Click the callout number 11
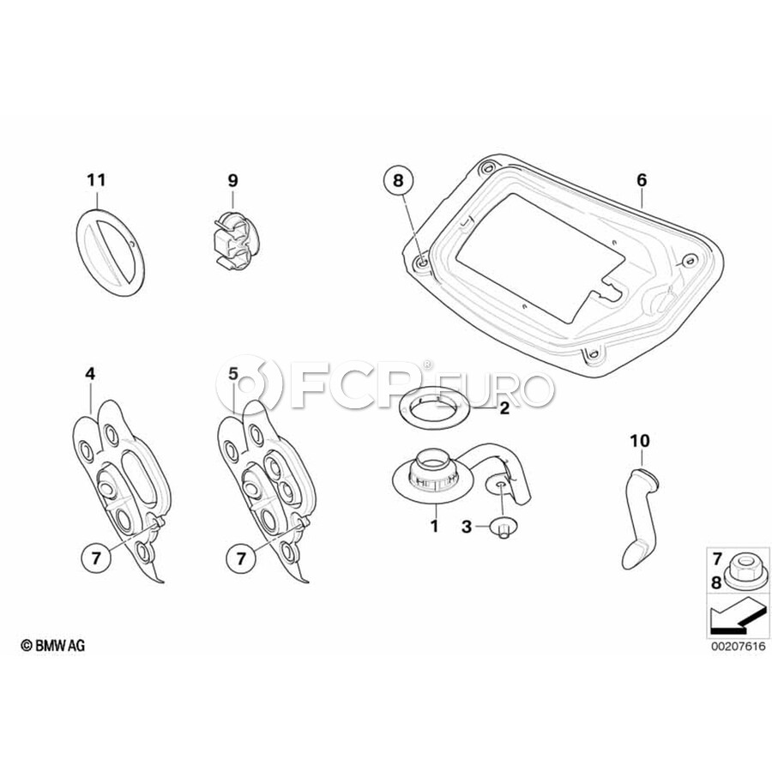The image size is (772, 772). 96,180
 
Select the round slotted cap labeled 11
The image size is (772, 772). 111,251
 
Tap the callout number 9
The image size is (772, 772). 232,180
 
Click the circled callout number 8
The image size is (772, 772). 398,181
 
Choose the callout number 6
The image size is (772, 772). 642,180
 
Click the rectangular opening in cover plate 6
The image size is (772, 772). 540,256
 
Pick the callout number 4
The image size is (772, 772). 89,374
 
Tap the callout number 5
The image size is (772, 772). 232,374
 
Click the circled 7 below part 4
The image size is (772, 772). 96,558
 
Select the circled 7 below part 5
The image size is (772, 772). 241,558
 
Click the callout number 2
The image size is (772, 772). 504,407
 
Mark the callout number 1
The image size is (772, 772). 434,526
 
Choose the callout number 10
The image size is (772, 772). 640,441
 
